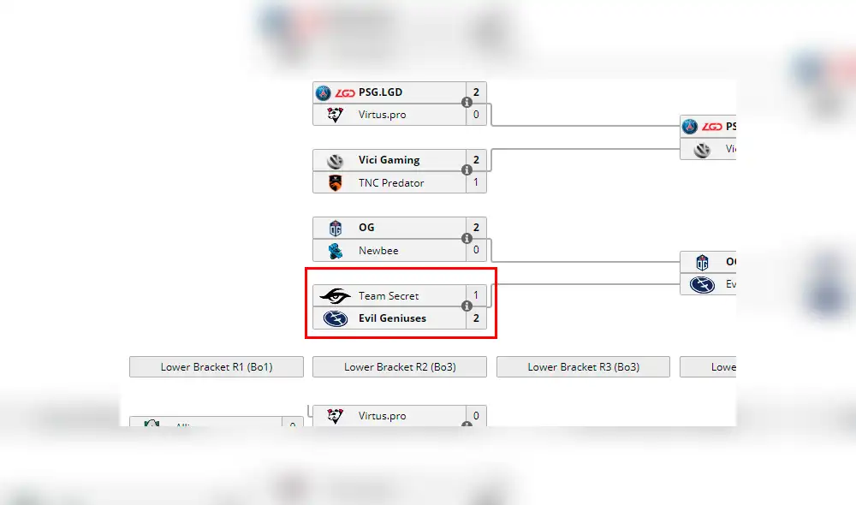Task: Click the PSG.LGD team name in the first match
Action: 380,92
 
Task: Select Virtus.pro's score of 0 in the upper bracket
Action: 476,115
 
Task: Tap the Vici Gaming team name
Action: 389,160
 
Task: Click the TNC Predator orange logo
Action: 335,182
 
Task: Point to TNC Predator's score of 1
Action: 476,182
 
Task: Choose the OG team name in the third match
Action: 366,228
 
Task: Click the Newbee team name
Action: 378,251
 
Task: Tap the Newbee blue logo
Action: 335,251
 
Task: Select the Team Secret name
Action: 389,296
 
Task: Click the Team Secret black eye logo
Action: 335,296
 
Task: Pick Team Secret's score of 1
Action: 476,296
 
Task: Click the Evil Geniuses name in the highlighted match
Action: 392,318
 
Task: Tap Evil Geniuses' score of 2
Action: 476,318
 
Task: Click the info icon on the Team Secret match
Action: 467,306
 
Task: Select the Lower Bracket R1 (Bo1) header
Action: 217,367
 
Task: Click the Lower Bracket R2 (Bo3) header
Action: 400,367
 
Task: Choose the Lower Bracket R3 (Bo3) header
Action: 583,367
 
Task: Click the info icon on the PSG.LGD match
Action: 467,103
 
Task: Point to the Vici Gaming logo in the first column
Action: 335,160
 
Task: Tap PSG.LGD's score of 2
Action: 476,92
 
